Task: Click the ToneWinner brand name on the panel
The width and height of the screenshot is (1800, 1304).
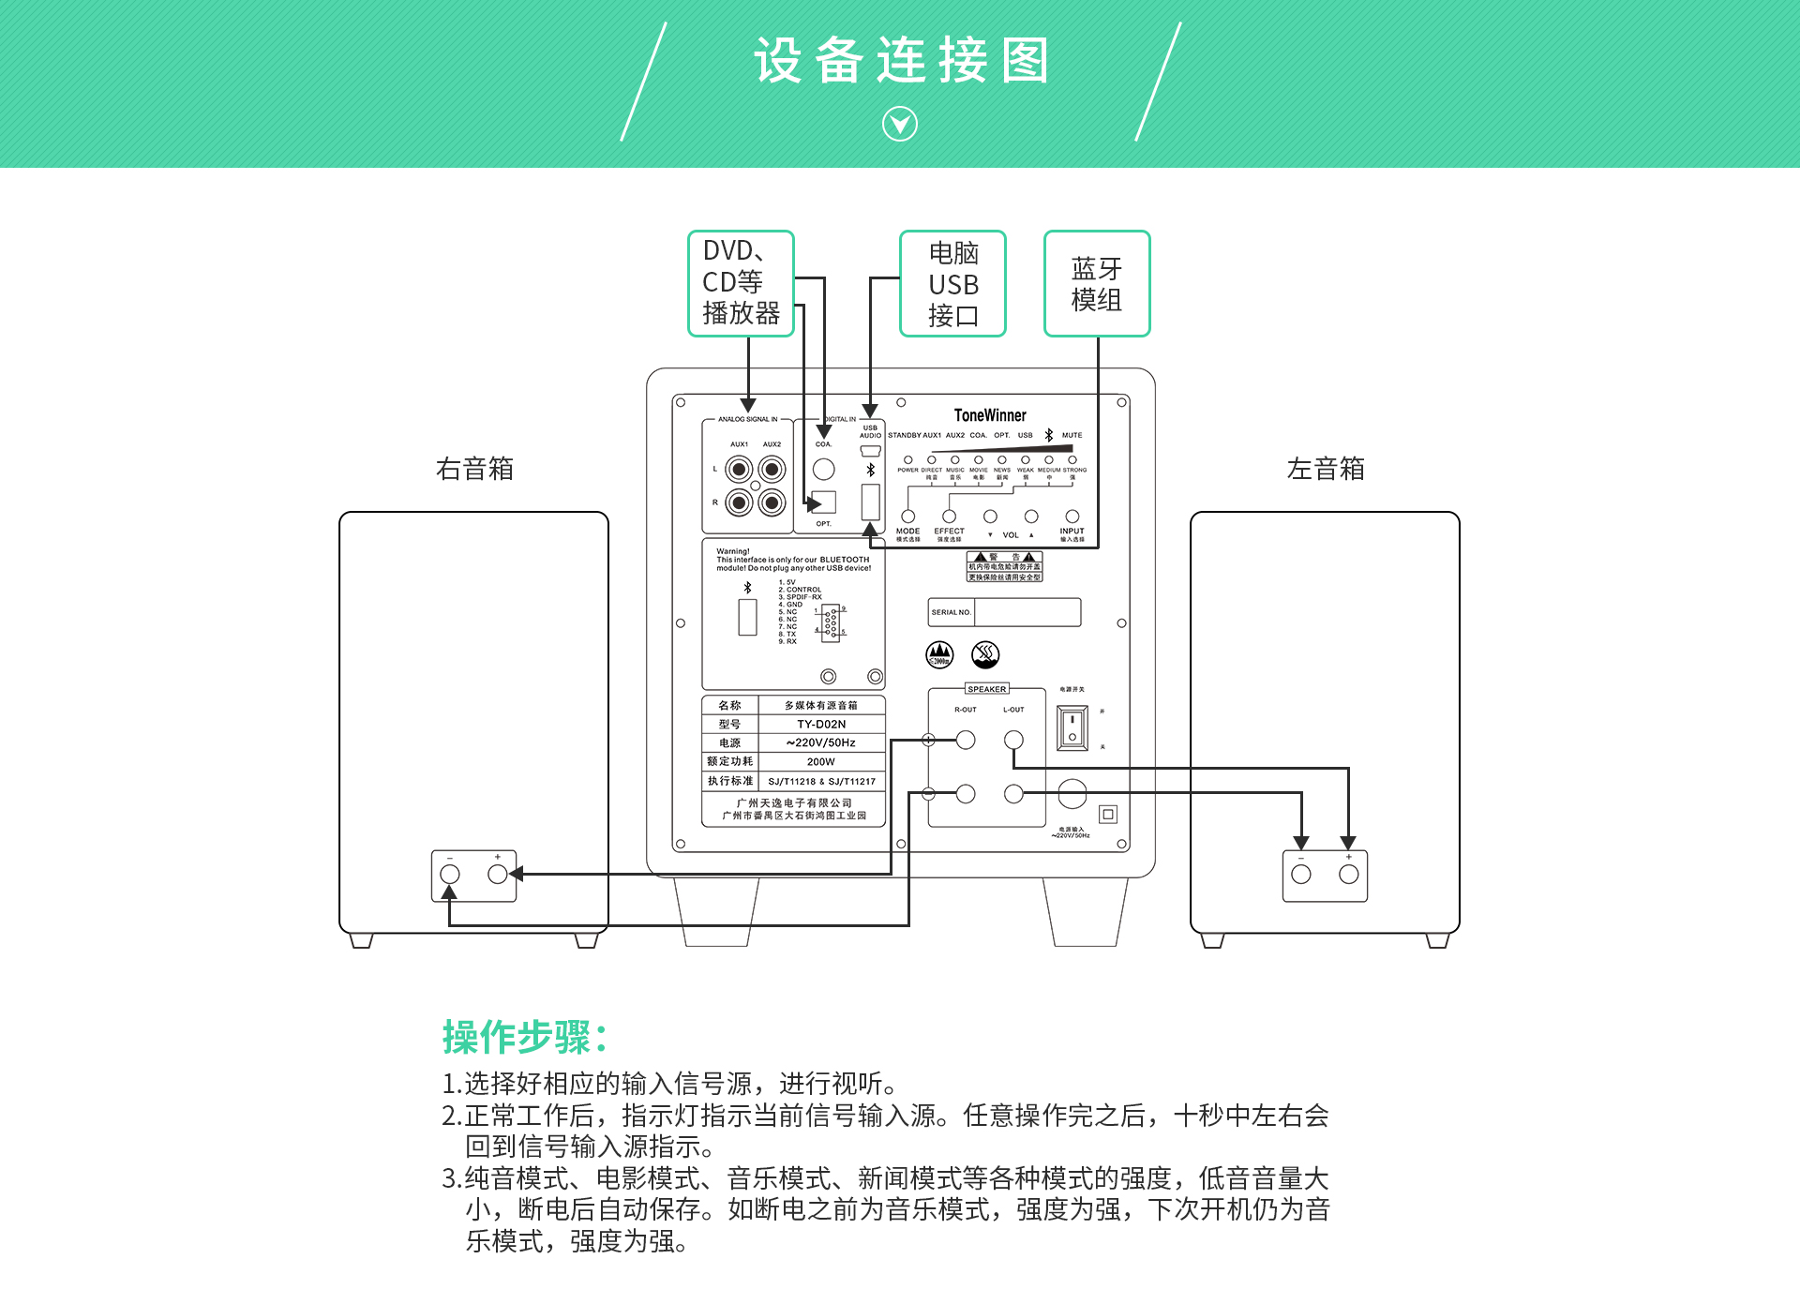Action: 990,415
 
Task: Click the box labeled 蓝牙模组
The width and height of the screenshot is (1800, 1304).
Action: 1096,283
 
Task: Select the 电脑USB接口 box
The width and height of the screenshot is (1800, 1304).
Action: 952,283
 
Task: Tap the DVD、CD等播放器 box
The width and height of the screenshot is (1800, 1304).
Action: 741,283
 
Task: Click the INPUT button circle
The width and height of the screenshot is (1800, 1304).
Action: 1072,517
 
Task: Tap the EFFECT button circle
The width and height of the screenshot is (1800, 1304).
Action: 949,517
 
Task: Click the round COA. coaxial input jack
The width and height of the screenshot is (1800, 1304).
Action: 823,469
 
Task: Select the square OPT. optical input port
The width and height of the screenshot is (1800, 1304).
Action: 823,502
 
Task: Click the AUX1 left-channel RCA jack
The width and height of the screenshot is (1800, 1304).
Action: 739,469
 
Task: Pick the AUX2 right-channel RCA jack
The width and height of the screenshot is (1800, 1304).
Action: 772,503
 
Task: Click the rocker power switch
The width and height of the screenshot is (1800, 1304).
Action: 1072,728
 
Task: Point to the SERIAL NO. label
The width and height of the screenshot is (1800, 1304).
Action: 951,612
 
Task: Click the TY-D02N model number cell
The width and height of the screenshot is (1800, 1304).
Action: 821,724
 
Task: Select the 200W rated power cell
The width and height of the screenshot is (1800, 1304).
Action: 821,762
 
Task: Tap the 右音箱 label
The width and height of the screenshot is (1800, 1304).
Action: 474,469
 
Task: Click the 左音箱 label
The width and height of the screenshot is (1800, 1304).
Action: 1326,469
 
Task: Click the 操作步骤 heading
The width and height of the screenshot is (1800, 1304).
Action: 525,1037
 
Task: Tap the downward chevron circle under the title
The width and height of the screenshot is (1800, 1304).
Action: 900,124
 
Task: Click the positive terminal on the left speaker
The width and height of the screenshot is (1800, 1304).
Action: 1348,874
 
